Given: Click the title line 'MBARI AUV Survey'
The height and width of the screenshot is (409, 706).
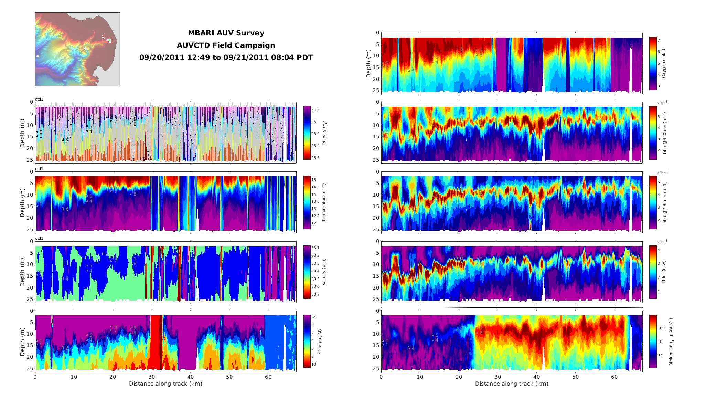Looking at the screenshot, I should tap(226, 33).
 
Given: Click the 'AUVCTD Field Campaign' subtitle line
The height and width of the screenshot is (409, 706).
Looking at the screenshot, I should tap(226, 45).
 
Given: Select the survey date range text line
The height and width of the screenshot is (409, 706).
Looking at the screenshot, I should tap(226, 57).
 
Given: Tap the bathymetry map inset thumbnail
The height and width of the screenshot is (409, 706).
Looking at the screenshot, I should tap(77, 49).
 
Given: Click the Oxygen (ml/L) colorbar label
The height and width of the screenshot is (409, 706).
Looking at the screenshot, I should tap(664, 63).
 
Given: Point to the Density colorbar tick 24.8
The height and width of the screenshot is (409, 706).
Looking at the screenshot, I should tap(315, 109).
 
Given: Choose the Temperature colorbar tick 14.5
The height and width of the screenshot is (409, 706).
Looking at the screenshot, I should tap(315, 187).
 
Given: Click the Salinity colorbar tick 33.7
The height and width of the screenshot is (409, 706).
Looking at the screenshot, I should tap(315, 294).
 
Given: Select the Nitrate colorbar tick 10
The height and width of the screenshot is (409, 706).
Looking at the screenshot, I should tap(313, 364).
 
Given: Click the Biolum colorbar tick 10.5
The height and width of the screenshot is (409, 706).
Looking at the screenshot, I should tap(661, 328).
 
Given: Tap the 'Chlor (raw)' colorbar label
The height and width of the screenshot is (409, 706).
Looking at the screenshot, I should tap(664, 272).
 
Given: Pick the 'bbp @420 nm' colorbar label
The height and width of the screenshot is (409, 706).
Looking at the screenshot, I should tap(664, 133).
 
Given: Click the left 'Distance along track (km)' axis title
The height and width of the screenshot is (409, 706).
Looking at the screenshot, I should tap(165, 384).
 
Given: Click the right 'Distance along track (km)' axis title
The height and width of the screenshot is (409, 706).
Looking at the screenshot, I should tap(512, 384).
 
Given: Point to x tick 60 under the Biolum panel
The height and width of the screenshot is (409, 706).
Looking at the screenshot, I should tap(614, 377).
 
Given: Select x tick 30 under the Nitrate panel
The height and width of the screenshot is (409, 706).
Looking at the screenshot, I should tap(152, 377).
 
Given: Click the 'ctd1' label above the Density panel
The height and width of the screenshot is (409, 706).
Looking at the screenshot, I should tap(39, 99).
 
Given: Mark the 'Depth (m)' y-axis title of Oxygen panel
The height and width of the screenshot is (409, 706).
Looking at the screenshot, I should tap(368, 63).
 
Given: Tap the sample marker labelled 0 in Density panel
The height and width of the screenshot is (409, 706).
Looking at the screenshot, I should tap(37, 132).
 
